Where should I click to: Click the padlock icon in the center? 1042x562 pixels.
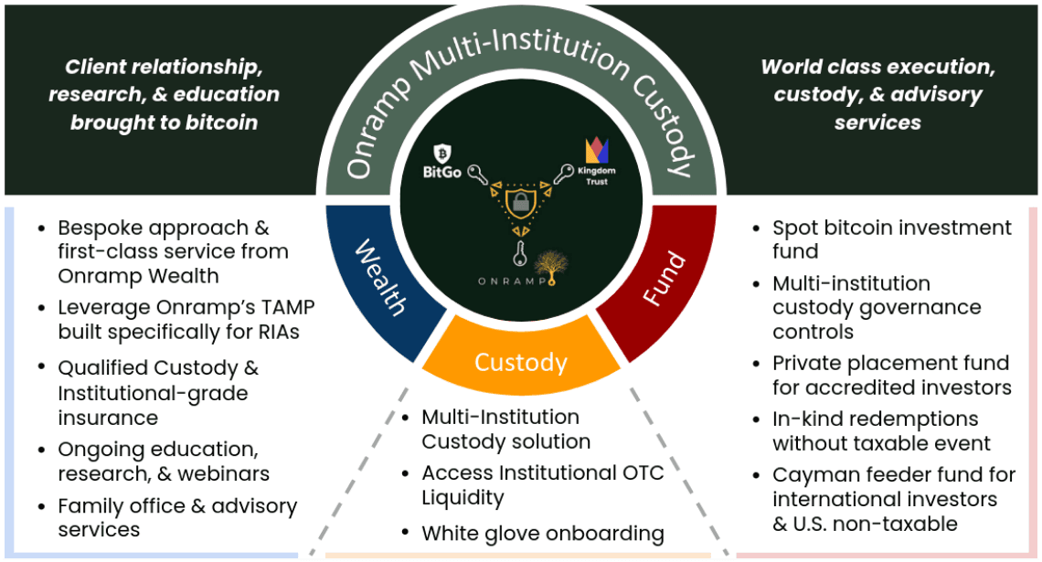(520, 202)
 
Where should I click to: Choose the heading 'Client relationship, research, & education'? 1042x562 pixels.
(164, 94)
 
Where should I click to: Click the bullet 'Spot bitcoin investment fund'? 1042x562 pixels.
(891, 239)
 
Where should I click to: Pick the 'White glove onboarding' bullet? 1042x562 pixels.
(542, 533)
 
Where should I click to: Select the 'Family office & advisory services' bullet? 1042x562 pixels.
(176, 518)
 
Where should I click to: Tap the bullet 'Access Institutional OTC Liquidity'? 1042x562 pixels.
(542, 485)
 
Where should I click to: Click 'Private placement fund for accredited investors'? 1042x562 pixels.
(891, 376)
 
